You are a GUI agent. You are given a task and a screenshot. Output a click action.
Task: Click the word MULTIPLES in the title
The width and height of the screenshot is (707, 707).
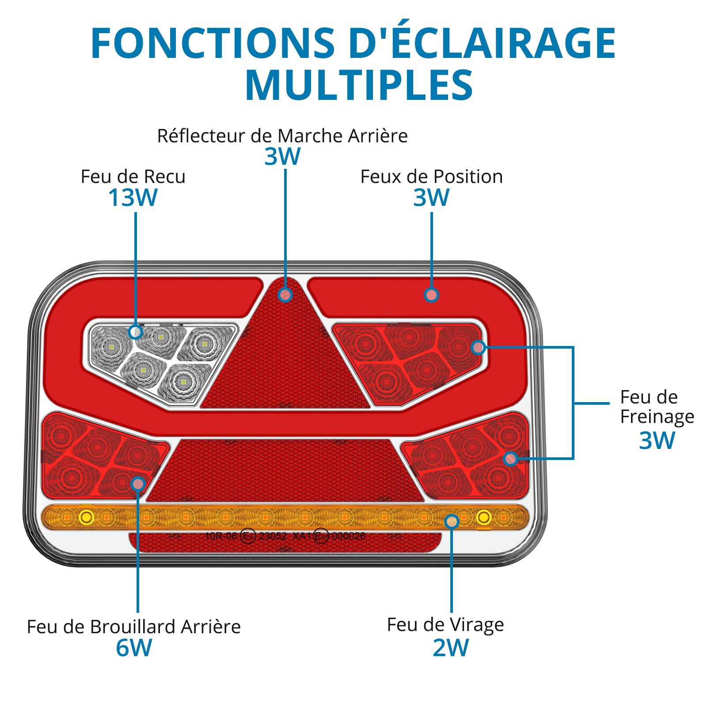[359, 85]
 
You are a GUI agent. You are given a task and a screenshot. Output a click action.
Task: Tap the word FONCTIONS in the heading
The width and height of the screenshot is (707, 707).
[213, 43]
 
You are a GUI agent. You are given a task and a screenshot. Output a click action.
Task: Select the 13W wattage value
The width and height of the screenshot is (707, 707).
[133, 198]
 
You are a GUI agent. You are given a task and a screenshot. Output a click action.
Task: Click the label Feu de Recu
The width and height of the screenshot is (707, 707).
[133, 176]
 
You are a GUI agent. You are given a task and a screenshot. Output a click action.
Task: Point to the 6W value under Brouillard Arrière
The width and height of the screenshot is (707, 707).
[134, 648]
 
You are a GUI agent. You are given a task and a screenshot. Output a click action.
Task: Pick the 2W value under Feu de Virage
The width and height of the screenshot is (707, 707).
[451, 648]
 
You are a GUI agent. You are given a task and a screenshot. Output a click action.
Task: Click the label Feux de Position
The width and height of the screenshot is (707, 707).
[431, 176]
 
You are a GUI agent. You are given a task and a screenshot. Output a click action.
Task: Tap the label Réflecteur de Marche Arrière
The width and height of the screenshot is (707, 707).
[282, 136]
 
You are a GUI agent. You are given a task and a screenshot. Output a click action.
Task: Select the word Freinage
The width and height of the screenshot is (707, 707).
[657, 417]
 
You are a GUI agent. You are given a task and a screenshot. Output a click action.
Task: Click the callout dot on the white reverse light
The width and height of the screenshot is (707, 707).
[136, 331]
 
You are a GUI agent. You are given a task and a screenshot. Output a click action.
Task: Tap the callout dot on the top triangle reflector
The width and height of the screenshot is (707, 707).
[286, 295]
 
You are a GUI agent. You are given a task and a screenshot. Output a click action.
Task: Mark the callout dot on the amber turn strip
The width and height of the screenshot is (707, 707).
[452, 521]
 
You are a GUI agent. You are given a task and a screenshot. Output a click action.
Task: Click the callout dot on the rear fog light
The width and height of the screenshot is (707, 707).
[138, 484]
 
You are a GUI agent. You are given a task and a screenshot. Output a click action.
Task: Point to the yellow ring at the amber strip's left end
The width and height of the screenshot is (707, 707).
[86, 517]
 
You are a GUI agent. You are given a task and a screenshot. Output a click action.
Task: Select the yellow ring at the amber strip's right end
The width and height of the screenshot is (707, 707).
[484, 517]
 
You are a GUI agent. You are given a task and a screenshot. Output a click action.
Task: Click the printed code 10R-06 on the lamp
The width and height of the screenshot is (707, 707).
[221, 536]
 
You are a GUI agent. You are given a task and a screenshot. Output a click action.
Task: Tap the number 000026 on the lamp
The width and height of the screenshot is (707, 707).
[348, 536]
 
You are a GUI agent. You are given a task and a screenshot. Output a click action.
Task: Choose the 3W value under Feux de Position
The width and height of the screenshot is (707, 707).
[431, 198]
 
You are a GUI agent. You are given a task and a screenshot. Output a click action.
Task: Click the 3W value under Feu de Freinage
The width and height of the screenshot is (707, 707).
[657, 441]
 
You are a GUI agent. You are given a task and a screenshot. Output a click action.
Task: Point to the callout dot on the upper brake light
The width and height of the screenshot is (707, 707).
[478, 348]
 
